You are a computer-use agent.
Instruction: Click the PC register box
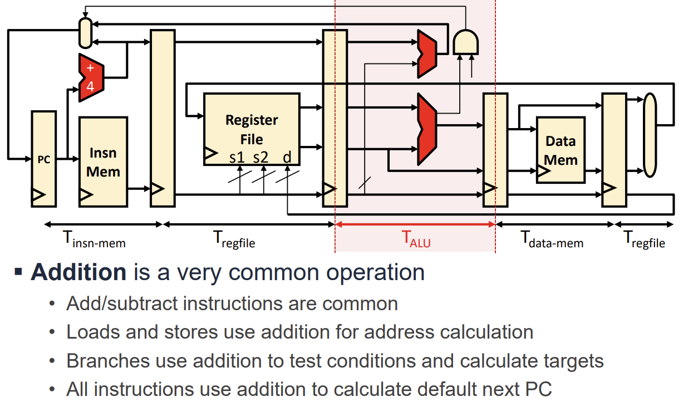point(43,159)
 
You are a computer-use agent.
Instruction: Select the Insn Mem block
point(103,162)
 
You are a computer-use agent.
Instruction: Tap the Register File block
point(252,129)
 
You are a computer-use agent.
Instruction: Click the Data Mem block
point(561,150)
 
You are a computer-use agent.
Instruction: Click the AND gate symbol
point(465,42)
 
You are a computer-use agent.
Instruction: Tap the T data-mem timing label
point(552,239)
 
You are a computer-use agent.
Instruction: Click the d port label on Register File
point(287,158)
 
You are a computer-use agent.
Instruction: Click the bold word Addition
point(78,272)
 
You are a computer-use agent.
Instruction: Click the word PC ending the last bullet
point(538,389)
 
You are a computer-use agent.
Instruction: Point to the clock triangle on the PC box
point(38,195)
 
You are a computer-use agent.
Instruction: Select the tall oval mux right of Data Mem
point(650,135)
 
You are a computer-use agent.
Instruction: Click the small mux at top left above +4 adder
point(85,33)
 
